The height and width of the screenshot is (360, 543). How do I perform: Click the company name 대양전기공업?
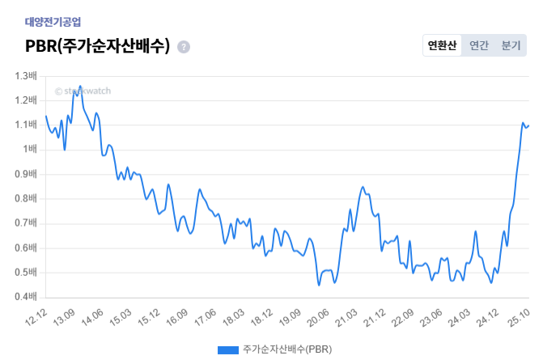click(53, 22)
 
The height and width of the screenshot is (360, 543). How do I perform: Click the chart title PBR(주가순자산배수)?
click(98, 46)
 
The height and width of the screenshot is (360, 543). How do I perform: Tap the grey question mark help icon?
click(184, 47)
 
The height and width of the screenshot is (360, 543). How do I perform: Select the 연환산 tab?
click(442, 45)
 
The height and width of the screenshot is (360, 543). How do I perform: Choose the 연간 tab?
click(479, 45)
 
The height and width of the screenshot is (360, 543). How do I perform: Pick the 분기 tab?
click(511, 45)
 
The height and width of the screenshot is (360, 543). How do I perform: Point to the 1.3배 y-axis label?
click(27, 76)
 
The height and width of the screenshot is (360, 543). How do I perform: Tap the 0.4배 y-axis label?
click(27, 297)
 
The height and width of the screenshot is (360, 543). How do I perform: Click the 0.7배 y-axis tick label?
click(27, 223)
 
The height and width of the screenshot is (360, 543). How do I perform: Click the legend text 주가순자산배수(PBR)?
click(286, 349)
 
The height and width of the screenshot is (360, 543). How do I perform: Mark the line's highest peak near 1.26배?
click(80, 86)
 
